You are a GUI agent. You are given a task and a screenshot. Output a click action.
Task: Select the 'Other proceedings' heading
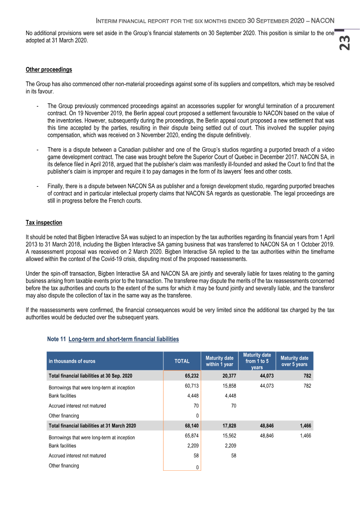49,70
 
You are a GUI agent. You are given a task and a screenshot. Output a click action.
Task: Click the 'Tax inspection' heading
44,223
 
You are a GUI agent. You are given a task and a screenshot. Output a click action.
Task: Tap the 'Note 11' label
56,339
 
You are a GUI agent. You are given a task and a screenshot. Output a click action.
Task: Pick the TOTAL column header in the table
182,361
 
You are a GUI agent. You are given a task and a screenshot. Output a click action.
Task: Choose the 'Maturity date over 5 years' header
294,361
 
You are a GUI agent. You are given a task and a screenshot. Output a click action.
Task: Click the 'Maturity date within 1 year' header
220,361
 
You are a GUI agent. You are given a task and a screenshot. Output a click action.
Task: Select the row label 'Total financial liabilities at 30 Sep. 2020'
90,375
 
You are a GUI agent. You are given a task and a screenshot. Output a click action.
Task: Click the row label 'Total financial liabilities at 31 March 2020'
92,425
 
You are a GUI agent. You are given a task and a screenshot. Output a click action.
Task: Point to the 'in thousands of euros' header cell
72,361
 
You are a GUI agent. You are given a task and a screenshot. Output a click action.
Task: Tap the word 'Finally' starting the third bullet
56,186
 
